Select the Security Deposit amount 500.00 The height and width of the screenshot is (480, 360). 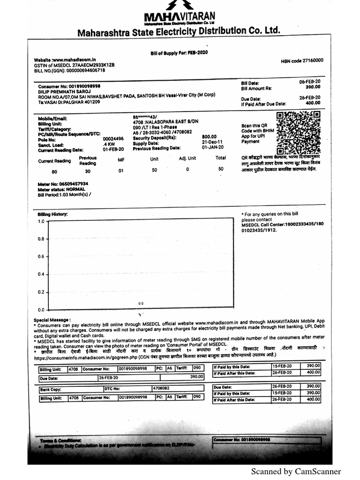pyautogui.click(x=209, y=136)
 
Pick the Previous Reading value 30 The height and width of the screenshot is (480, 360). pyautogui.click(x=88, y=172)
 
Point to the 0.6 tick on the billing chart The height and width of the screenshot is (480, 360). pyautogui.click(x=41, y=256)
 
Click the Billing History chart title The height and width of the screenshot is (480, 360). pyautogui.click(x=52, y=214)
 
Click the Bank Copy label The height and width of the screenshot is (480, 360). pyautogui.click(x=51, y=389)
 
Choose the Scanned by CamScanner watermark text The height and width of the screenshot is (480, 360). pyautogui.click(x=296, y=472)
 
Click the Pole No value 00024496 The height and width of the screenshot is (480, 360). pyautogui.click(x=113, y=139)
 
